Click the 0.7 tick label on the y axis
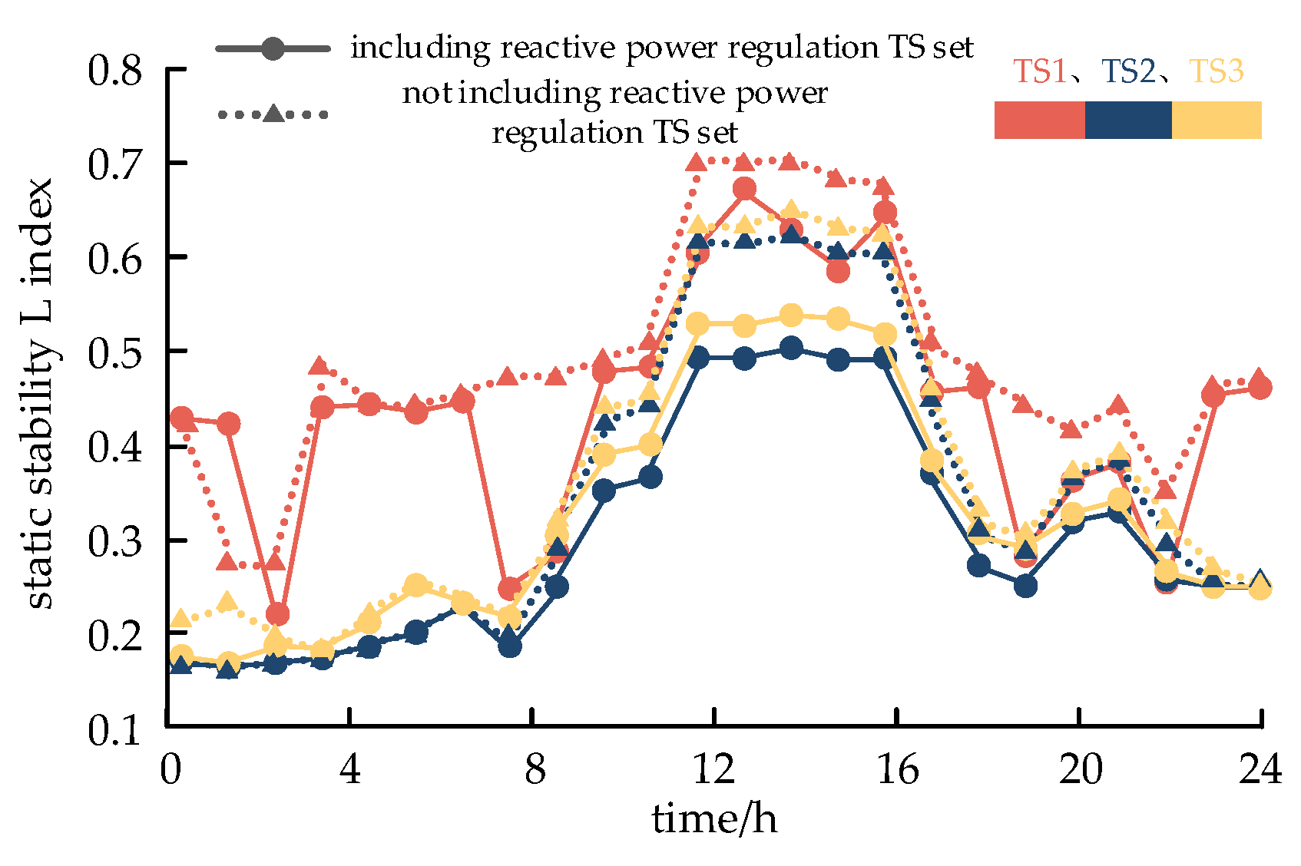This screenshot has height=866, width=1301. click(x=115, y=165)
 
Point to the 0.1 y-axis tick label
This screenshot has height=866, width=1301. click(x=115, y=730)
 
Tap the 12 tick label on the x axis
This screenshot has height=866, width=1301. click(x=713, y=768)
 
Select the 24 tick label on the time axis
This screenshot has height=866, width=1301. click(x=1260, y=768)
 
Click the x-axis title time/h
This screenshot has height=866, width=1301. click(x=713, y=818)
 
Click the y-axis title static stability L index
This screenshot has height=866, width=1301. click(x=38, y=393)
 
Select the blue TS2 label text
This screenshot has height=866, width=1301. click(x=1128, y=71)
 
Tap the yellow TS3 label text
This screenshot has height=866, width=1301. click(x=1217, y=71)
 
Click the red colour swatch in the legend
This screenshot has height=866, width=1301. click(x=1039, y=120)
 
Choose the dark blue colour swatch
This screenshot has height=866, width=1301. click(x=1128, y=120)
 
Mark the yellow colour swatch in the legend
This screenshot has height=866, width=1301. click(x=1217, y=120)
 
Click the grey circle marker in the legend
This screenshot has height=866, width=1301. click(x=273, y=48)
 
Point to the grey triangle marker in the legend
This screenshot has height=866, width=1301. click(x=273, y=114)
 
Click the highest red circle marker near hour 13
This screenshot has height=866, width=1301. click(x=744, y=189)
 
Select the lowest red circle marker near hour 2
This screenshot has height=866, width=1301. click(x=276, y=614)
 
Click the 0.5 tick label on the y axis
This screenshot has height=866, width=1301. click(x=115, y=353)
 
